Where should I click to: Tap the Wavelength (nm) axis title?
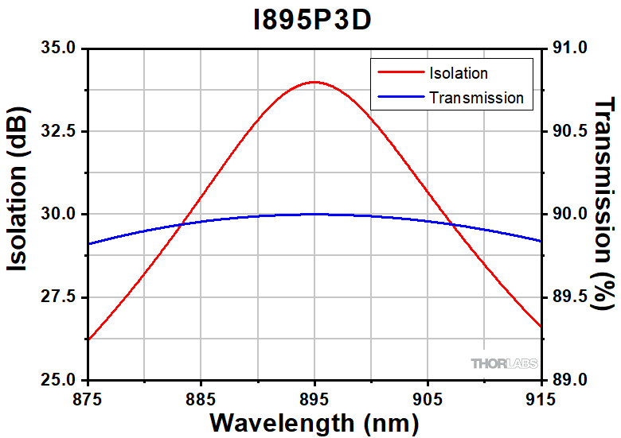coord(314,421)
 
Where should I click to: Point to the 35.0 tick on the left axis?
coord(61,48)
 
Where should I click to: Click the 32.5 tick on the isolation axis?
coord(61,131)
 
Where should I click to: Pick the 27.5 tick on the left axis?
coord(61,297)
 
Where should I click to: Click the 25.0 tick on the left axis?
coord(61,380)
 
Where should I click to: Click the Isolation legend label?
coord(458,74)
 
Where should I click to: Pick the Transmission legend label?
coord(476,98)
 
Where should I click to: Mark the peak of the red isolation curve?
coord(314,82)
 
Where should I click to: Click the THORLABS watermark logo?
coord(504,364)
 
